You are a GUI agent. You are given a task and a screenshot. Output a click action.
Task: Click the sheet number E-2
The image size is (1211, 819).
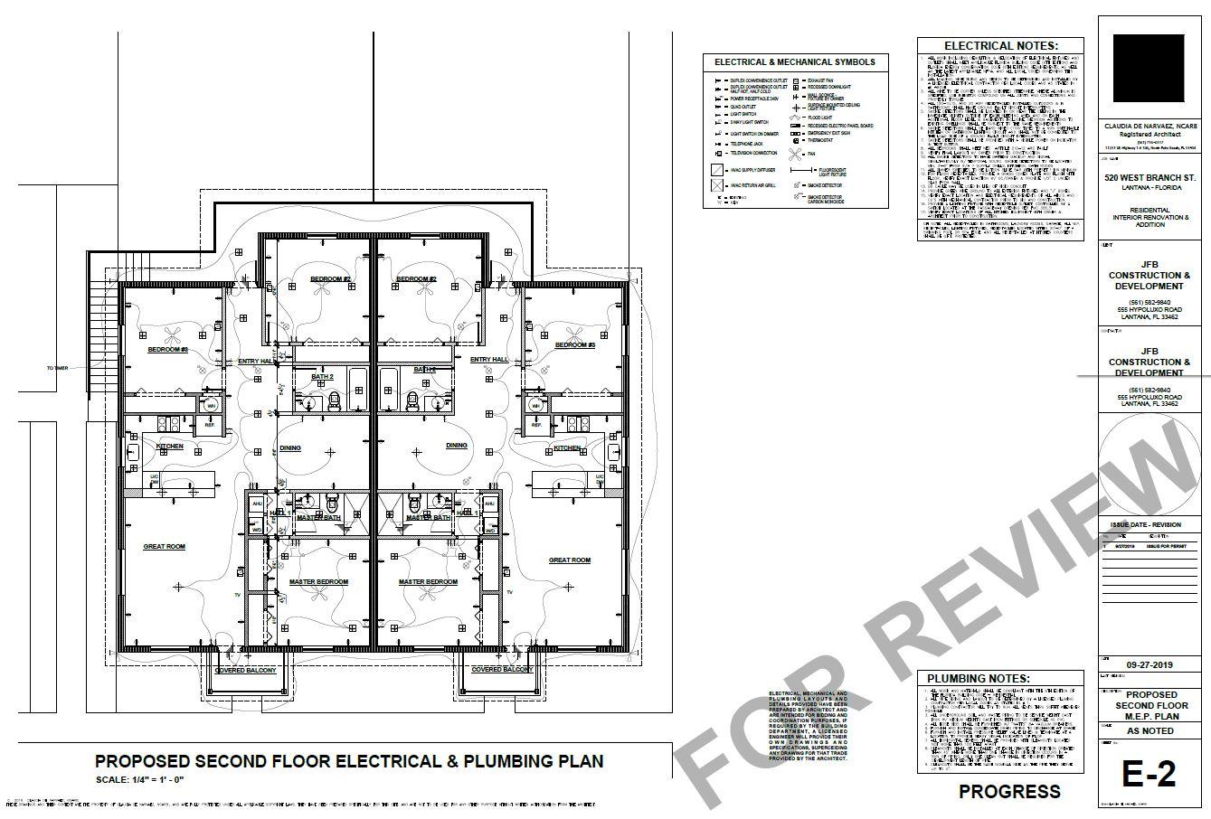pos(1149,774)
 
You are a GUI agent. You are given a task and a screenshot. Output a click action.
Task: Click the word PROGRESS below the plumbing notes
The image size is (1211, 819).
pos(1009,792)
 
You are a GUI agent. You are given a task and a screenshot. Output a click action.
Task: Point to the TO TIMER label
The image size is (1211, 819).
pos(57,368)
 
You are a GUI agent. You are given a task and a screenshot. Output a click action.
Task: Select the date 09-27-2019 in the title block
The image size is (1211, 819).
pos(1150,665)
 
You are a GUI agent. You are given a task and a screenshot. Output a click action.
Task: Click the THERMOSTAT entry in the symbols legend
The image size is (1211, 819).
pos(822,140)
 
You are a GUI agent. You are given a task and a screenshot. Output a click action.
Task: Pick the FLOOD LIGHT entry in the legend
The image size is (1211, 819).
pos(820,118)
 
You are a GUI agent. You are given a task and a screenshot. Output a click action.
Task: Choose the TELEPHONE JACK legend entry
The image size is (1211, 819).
pos(746,144)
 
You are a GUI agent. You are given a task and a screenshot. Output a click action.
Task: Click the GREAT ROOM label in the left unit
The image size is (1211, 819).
pos(164,547)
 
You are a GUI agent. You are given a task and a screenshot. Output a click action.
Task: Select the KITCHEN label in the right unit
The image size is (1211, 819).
pos(567,448)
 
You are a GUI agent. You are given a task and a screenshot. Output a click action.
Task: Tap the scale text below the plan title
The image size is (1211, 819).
pos(140,779)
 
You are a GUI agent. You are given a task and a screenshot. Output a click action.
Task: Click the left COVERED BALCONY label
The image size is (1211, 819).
pos(245,671)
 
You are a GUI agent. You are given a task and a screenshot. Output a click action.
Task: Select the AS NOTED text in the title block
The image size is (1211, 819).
pos(1150,730)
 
